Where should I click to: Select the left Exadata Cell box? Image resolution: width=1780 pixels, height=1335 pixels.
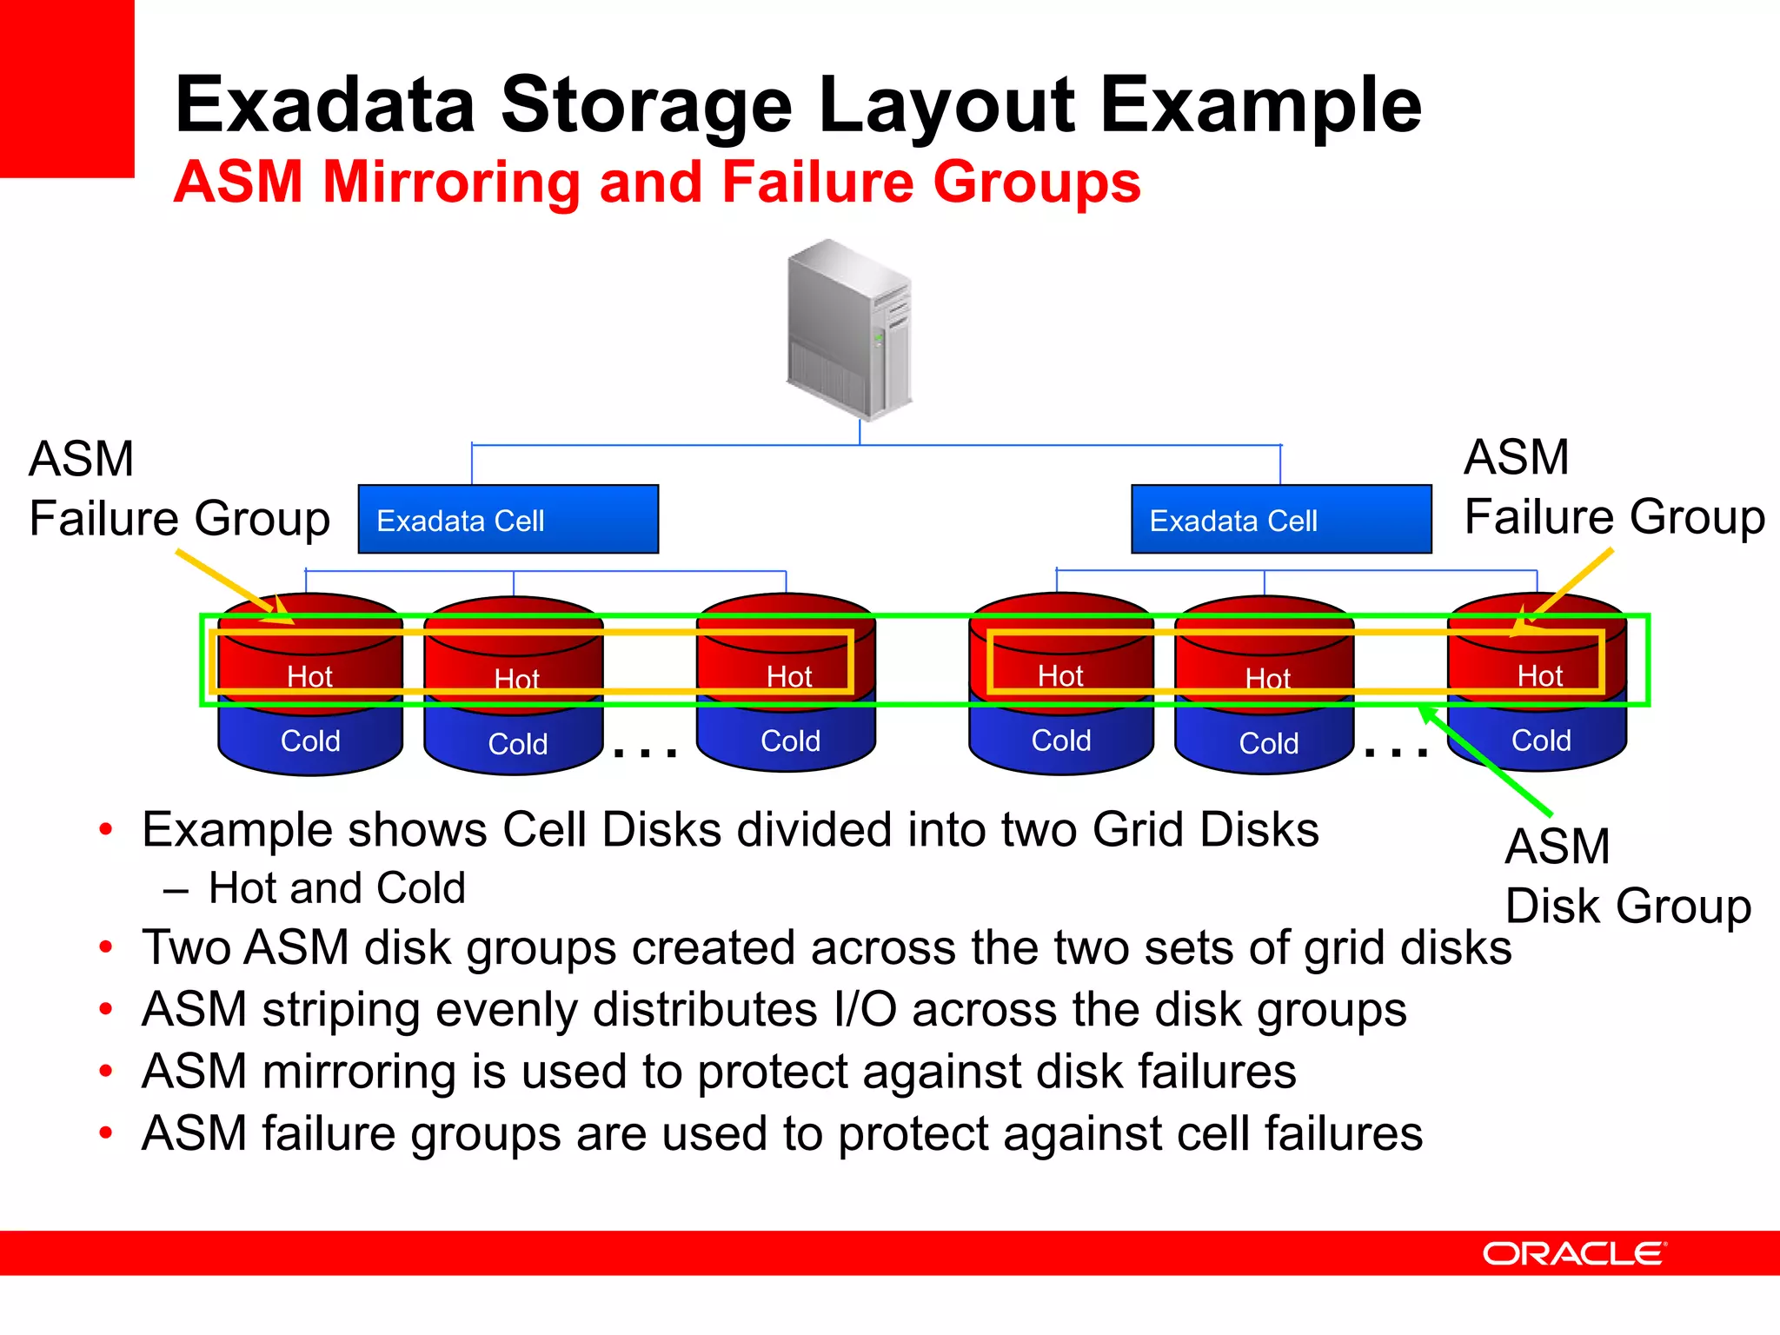[508, 520]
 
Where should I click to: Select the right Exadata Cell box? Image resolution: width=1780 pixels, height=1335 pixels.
[1280, 520]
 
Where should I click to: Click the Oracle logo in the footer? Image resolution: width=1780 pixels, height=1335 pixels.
[1574, 1253]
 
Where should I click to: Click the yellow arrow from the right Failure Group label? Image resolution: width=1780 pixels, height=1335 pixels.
[1564, 591]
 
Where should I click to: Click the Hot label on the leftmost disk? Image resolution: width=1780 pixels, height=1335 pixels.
[309, 676]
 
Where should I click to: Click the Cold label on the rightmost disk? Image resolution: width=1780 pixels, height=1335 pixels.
[1540, 741]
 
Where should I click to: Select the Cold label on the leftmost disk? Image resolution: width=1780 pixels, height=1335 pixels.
[310, 741]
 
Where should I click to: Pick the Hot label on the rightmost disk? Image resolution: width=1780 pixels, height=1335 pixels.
[1539, 675]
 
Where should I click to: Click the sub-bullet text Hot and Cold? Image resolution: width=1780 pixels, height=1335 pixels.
[336, 888]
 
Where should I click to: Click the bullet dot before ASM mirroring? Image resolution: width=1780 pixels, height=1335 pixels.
[106, 1072]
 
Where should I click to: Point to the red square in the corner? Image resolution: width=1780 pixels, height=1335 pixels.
[67, 87]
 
